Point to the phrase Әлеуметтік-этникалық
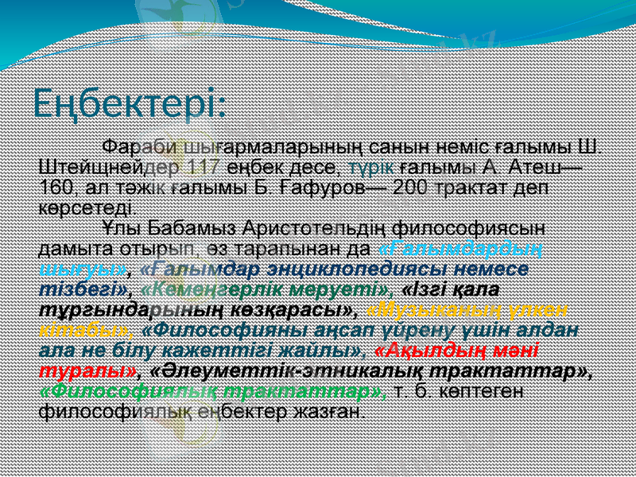point(302,370)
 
